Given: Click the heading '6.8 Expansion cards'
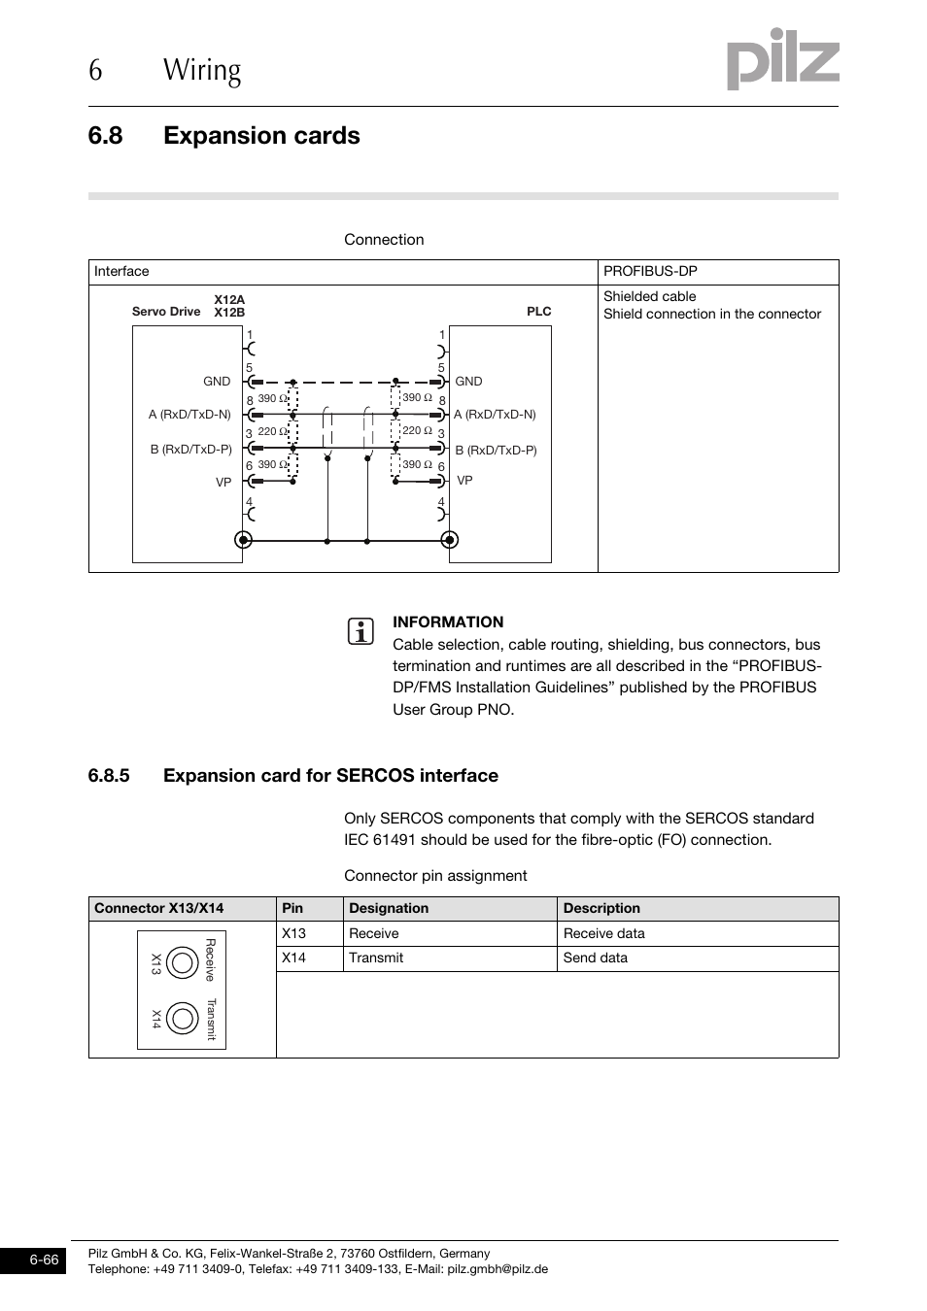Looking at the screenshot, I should [x=223, y=136].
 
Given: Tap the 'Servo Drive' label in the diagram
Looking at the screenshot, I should [x=166, y=312].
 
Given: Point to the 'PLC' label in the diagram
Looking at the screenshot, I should [x=538, y=312].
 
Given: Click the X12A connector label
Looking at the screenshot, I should [x=229, y=300].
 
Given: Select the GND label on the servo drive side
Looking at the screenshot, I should [x=217, y=382].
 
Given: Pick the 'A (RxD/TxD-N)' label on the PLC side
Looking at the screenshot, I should [x=495, y=415].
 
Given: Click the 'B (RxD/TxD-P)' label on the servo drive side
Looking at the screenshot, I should [x=190, y=450].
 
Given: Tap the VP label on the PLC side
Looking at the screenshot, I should [x=464, y=481].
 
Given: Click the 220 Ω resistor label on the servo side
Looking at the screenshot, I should [x=272, y=432].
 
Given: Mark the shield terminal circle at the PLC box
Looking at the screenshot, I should [x=448, y=540].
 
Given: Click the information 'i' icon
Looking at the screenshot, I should [x=360, y=631].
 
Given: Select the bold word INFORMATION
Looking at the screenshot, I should [x=448, y=622].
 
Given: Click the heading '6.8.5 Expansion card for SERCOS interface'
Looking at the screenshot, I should [x=292, y=776].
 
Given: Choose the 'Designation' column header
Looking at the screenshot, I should [x=389, y=909].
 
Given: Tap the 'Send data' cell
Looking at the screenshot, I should [x=596, y=958].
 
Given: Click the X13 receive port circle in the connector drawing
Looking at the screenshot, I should [x=182, y=962].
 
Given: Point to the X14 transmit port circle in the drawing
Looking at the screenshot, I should [x=182, y=1018].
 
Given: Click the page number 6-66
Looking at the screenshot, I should [x=44, y=1261].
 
